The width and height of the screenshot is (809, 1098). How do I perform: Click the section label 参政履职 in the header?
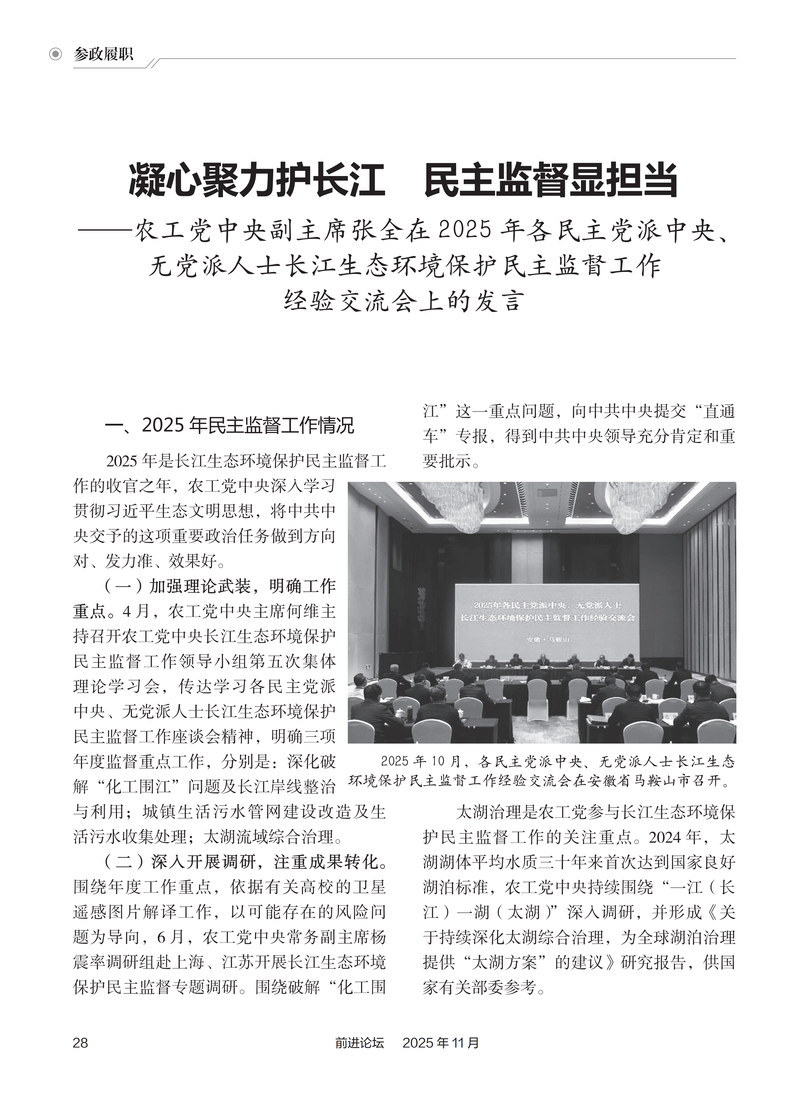pyautogui.click(x=103, y=54)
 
